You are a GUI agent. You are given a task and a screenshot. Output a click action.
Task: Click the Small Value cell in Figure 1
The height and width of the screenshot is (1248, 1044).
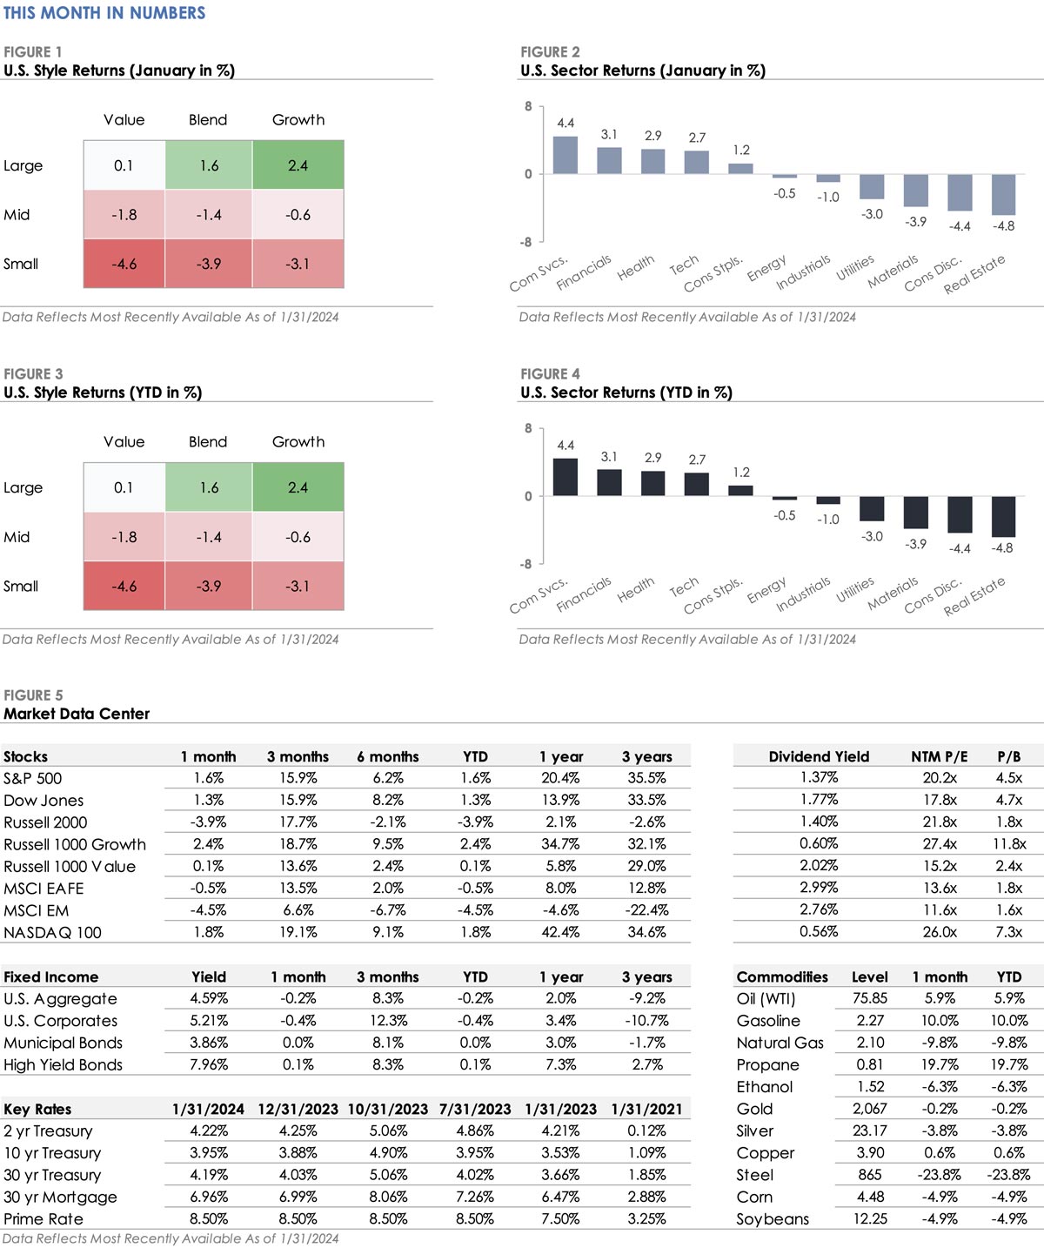click(x=124, y=264)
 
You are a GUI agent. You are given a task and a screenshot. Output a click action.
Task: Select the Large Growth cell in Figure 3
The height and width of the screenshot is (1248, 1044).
click(x=298, y=487)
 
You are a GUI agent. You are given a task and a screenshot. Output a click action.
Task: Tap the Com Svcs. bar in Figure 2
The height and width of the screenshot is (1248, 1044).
click(x=565, y=155)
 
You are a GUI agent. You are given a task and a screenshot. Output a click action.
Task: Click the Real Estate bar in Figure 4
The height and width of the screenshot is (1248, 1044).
click(x=1003, y=516)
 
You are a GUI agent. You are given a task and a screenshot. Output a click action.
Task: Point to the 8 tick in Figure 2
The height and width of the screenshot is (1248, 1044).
click(x=528, y=106)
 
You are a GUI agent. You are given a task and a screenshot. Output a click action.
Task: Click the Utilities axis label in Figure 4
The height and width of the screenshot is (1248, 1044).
click(x=855, y=589)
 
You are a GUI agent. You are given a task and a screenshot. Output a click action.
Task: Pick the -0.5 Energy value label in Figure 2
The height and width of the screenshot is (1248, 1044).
click(x=784, y=193)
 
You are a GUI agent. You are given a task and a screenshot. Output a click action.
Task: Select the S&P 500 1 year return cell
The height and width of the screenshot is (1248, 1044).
click(x=560, y=778)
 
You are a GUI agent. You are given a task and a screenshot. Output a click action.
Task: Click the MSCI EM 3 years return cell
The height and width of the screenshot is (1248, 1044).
click(x=646, y=910)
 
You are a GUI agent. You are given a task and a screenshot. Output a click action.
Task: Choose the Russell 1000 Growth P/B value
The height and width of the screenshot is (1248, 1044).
click(x=1009, y=844)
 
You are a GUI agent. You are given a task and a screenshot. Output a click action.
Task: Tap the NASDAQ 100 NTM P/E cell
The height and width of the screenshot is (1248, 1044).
click(x=940, y=932)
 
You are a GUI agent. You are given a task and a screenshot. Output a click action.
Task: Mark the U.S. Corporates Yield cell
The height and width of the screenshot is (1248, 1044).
click(x=209, y=1021)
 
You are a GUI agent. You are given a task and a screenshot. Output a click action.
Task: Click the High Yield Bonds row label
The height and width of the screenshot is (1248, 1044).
click(x=63, y=1065)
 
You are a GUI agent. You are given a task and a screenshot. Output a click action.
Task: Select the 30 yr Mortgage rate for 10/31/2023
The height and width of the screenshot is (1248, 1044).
click(x=387, y=1198)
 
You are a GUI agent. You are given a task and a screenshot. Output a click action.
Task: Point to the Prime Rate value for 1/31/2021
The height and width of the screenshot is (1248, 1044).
click(x=646, y=1219)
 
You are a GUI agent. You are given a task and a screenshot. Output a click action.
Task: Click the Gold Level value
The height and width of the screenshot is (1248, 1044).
click(x=869, y=1109)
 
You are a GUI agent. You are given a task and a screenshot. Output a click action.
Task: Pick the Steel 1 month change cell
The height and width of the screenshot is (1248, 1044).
click(x=940, y=1175)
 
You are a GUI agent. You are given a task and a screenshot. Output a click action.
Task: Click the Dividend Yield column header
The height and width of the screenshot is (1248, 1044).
click(x=819, y=756)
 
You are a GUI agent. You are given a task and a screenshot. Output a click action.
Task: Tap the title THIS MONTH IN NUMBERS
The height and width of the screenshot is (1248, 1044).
click(x=104, y=13)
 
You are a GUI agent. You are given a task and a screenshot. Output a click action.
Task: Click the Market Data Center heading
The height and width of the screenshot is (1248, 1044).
click(x=77, y=714)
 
